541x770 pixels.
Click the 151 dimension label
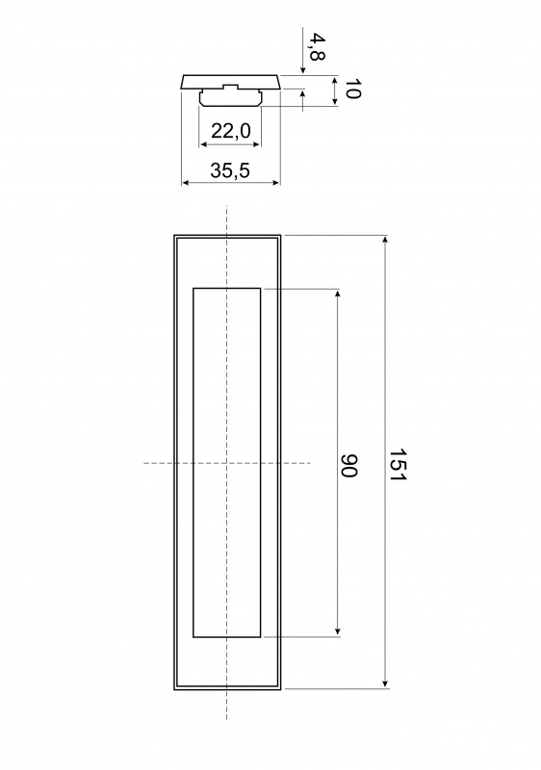[396, 465]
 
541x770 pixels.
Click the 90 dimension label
[348, 466]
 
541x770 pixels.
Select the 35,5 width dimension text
[230, 170]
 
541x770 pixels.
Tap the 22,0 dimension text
[231, 131]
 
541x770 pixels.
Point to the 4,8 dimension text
[317, 46]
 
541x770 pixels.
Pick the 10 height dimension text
[352, 89]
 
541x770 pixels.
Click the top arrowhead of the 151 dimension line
[385, 240]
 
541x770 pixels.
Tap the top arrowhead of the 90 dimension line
[337, 295]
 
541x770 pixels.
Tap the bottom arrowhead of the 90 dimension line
[337, 632]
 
